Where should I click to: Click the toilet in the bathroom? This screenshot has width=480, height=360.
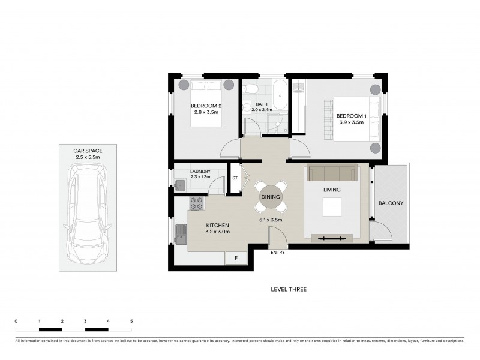tap(252, 89)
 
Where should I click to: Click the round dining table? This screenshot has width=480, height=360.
tap(271, 196)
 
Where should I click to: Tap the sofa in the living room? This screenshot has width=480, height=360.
tap(331, 173)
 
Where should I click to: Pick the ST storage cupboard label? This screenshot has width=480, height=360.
tap(235, 178)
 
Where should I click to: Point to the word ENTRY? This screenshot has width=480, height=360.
tap(278, 253)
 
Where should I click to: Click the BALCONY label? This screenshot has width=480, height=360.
tap(391, 203)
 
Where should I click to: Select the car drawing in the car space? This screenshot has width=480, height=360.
tap(88, 216)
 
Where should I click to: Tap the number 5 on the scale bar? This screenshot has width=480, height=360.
tap(131, 322)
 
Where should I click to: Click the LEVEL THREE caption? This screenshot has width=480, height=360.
tap(289, 289)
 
